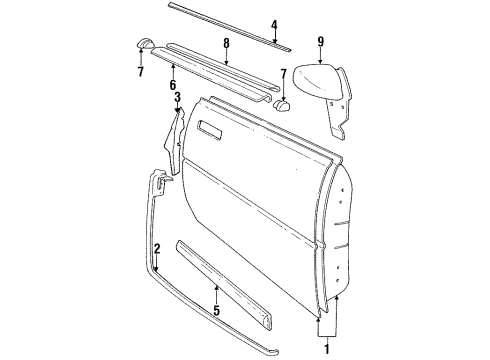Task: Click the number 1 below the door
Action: tap(325, 348)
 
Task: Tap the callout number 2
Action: tap(157, 247)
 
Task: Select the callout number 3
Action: tap(177, 97)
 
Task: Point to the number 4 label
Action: tap(274, 25)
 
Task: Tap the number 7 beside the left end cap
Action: tap(139, 73)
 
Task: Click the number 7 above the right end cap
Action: tap(285, 74)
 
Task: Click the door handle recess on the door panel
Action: tap(214, 127)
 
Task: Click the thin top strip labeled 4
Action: tap(220, 21)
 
